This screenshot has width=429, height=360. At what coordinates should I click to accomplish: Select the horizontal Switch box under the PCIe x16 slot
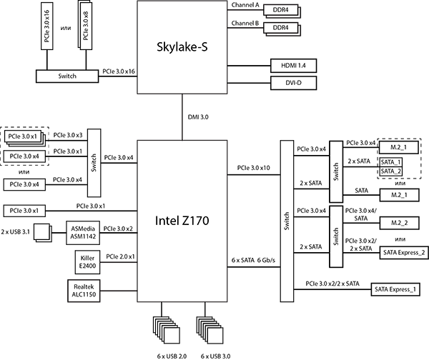(x=66, y=76)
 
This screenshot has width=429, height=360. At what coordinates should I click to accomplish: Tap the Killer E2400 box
(x=87, y=261)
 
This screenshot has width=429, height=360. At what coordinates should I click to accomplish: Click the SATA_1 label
(x=390, y=162)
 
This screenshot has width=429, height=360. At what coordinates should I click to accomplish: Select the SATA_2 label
(x=390, y=171)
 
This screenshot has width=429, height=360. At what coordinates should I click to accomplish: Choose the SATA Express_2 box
(x=403, y=252)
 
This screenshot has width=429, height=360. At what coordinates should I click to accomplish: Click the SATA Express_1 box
(x=395, y=289)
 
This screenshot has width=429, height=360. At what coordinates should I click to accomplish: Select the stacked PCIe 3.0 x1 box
(x=23, y=136)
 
